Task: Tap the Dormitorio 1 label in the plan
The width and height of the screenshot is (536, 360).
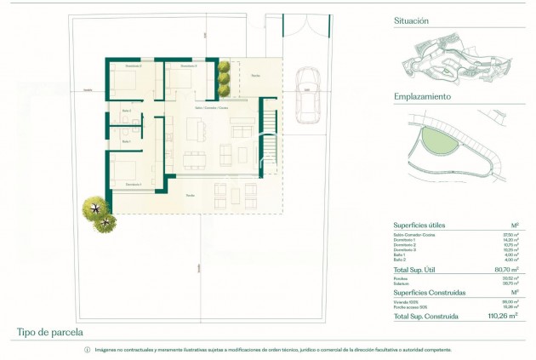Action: point(132,185)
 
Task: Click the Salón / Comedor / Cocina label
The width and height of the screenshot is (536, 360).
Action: point(211,109)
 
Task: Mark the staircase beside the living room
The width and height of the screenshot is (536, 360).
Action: point(267,140)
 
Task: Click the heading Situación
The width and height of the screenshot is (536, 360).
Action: point(412,20)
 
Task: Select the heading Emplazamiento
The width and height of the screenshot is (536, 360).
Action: point(422,96)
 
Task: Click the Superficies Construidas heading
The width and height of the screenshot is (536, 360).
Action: point(429,292)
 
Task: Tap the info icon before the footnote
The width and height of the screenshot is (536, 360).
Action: point(87,350)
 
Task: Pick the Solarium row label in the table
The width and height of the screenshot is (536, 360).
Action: point(402,283)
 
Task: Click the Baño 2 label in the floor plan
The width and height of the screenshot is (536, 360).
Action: point(125,141)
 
